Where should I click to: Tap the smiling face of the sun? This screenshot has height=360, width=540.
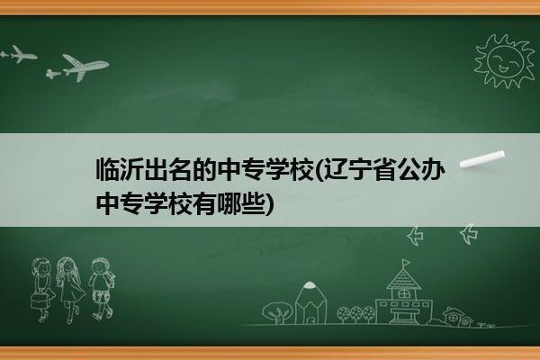(x=506, y=61)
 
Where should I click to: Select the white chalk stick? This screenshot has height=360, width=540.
(x=482, y=159)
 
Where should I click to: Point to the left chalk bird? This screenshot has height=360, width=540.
(x=416, y=236)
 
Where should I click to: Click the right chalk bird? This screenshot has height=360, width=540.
(x=469, y=234)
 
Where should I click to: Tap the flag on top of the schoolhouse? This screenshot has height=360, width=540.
(x=406, y=263)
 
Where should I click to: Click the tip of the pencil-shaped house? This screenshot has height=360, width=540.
(x=310, y=283)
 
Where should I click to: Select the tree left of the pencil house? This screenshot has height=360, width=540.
(x=276, y=312)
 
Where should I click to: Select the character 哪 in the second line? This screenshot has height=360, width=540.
(x=229, y=203)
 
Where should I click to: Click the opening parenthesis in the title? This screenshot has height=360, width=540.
(x=319, y=170)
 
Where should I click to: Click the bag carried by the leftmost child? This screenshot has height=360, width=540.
(x=38, y=301)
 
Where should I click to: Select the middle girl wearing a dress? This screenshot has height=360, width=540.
(x=70, y=289)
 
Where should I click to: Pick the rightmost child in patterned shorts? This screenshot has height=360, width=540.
(x=101, y=289)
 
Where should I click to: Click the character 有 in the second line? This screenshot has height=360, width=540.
(x=204, y=203)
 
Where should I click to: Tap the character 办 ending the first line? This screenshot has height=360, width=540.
(x=433, y=169)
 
